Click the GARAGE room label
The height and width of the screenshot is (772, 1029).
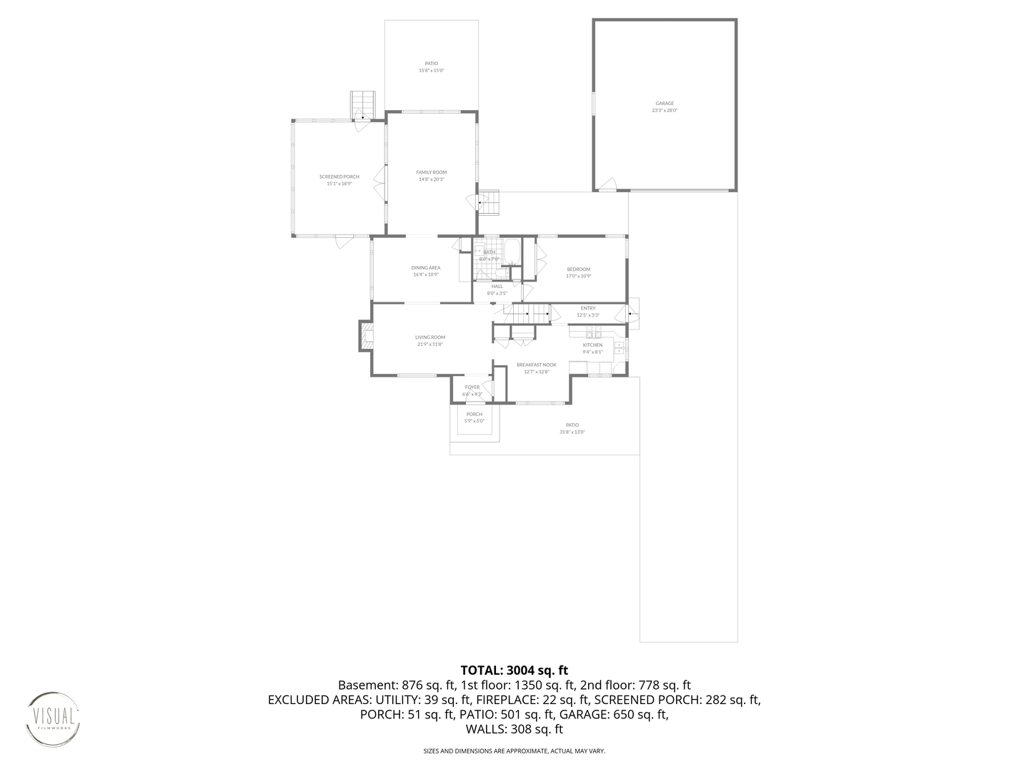coord(665,104)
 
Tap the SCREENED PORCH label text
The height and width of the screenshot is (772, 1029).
coord(339,177)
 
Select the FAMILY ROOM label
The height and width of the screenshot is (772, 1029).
coord(432,172)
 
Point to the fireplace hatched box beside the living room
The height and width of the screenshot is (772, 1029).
coord(365,336)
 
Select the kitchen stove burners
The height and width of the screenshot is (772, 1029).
coord(592,334)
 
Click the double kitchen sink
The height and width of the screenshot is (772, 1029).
coord(620,348)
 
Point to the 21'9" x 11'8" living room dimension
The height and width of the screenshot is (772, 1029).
coord(430,345)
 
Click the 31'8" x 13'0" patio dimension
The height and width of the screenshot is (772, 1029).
coord(572,432)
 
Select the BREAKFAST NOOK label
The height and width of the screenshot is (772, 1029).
coord(536,365)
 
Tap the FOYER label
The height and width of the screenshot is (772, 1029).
coord(472,387)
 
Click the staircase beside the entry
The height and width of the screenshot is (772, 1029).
coord(527,312)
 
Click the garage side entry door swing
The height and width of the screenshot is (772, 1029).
coord(606,184)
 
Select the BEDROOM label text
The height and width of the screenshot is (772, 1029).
coord(578,269)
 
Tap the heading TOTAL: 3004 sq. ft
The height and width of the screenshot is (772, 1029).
coord(514,670)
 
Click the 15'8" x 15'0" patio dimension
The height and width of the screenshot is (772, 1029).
coord(431,71)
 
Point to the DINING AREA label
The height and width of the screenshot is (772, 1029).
coord(425,268)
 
